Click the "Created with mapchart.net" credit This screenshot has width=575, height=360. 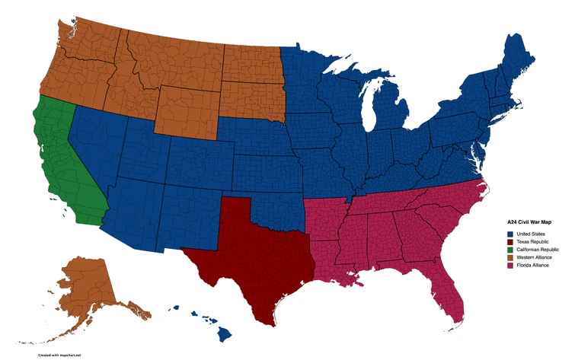click(59, 355)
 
